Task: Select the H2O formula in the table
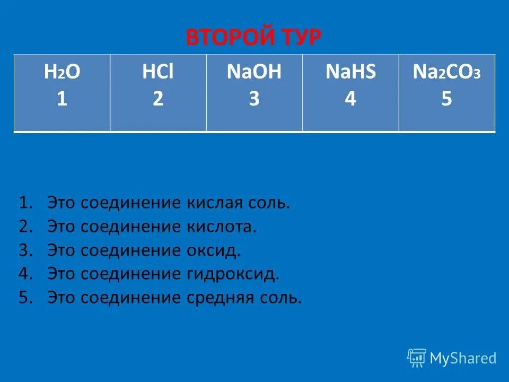[x=62, y=73]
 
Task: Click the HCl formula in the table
[x=158, y=73]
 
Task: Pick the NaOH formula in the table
[x=254, y=73]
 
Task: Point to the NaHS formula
[x=350, y=73]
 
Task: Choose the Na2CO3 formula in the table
[x=446, y=73]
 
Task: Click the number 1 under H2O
[x=62, y=99]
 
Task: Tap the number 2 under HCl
[x=158, y=99]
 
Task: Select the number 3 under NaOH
[x=254, y=99]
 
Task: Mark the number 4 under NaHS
[x=350, y=99]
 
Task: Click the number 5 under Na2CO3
[x=446, y=99]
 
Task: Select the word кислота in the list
[x=221, y=227]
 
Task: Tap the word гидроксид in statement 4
[x=232, y=274]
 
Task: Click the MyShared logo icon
[x=417, y=358]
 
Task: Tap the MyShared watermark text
[x=463, y=358]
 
